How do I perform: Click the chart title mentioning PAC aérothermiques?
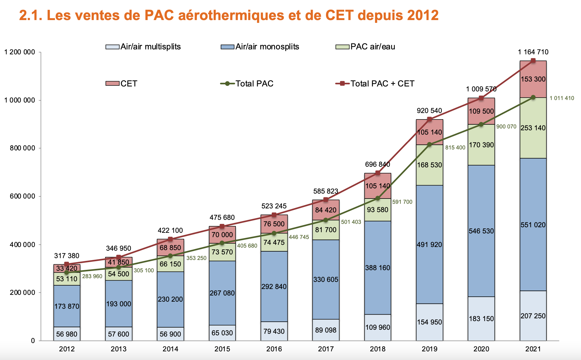click(x=229, y=15)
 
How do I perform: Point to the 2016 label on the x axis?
click(x=274, y=349)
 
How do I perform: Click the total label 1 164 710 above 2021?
click(x=533, y=52)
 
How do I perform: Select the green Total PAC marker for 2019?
click(x=429, y=144)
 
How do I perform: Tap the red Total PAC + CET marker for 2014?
click(x=170, y=239)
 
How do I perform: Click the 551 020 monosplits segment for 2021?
click(x=533, y=225)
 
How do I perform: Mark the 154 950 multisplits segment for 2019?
click(x=429, y=322)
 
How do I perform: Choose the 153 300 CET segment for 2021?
click(x=533, y=79)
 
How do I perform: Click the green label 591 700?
click(x=402, y=202)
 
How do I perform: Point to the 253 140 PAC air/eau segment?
click(x=533, y=128)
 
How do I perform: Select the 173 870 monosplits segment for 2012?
click(x=67, y=306)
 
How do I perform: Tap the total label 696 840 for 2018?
click(x=378, y=164)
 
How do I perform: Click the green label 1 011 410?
click(x=562, y=98)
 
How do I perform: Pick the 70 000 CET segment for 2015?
click(x=222, y=235)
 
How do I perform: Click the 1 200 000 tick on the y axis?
click(x=19, y=52)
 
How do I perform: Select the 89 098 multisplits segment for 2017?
click(x=326, y=330)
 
